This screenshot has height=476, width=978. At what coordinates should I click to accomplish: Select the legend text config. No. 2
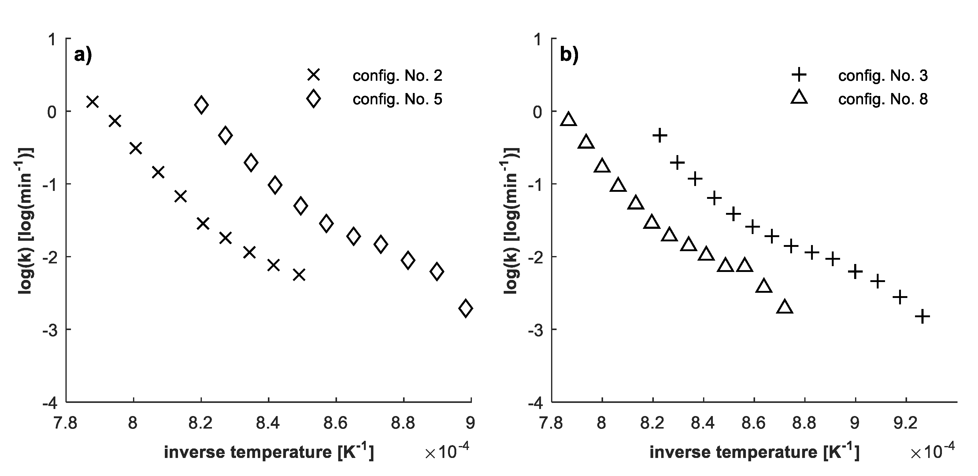click(x=397, y=76)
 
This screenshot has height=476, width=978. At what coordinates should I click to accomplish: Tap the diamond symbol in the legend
click(x=313, y=99)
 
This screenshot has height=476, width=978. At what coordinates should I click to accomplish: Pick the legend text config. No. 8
click(x=883, y=99)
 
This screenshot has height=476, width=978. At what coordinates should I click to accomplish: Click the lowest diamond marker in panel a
click(x=465, y=308)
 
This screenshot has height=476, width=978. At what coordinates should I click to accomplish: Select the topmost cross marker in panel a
click(x=93, y=102)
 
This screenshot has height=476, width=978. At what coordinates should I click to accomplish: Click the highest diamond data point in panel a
click(x=201, y=105)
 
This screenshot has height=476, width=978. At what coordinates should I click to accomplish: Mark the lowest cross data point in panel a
click(x=299, y=275)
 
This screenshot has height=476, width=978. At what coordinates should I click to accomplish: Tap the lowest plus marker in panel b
click(x=923, y=316)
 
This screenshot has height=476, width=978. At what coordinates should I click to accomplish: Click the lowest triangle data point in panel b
click(x=785, y=307)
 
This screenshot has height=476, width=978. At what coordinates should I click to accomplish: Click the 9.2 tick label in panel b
click(x=906, y=423)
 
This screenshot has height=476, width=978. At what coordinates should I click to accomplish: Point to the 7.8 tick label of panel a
click(x=65, y=423)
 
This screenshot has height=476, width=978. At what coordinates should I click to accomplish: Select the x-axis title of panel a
click(x=269, y=452)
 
